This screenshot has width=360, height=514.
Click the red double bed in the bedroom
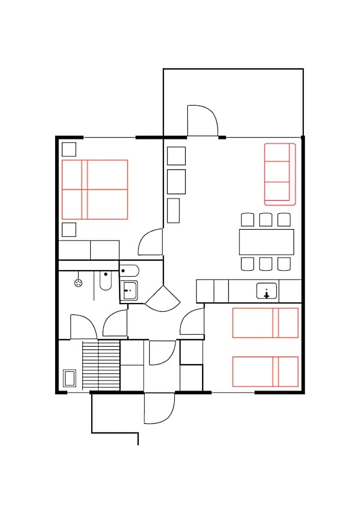tap(95, 189)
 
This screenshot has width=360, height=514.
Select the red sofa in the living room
tap(279, 174)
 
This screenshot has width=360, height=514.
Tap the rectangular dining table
tap(266, 242)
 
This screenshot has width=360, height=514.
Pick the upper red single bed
tap(265, 323)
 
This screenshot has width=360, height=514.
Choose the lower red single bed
tap(265, 371)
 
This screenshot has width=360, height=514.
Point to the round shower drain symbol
tap(78, 283)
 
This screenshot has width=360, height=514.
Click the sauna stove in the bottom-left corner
tap(69, 378)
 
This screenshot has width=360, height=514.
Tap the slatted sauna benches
tap(101, 365)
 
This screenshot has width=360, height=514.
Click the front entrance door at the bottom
tap(158, 408)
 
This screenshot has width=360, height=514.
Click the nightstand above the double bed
tap(69, 149)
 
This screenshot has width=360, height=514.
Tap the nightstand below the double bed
tap(69, 229)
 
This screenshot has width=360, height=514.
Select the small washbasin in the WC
tap(129, 290)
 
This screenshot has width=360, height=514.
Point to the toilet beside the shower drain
tap(105, 281)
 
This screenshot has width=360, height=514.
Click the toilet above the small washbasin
tap(129, 270)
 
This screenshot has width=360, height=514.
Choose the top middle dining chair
tap(265, 219)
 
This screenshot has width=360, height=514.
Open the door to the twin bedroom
tap(192, 322)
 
